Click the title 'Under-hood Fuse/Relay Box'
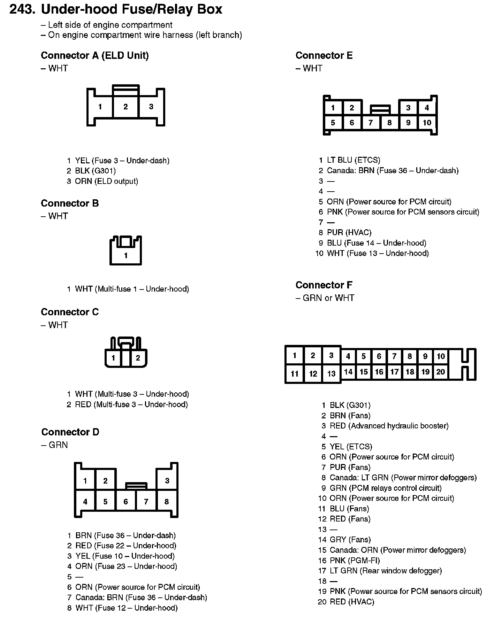[131, 9]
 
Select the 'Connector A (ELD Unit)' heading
[95, 55]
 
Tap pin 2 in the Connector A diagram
[125, 107]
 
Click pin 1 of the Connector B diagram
[126, 256]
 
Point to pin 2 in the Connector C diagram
[138, 358]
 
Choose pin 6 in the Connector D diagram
[125, 502]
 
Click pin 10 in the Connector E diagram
[427, 123]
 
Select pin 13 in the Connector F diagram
[331, 374]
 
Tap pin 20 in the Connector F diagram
[441, 372]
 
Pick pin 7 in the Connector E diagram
[371, 123]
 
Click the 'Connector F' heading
[324, 285]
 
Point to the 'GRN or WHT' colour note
[328, 298]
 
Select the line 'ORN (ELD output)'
[106, 181]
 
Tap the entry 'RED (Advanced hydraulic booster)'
[389, 426]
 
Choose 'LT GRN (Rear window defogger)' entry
[386, 571]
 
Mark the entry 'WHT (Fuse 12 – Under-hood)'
[126, 608]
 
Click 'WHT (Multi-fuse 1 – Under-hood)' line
[132, 289]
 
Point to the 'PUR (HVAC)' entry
[349, 232]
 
